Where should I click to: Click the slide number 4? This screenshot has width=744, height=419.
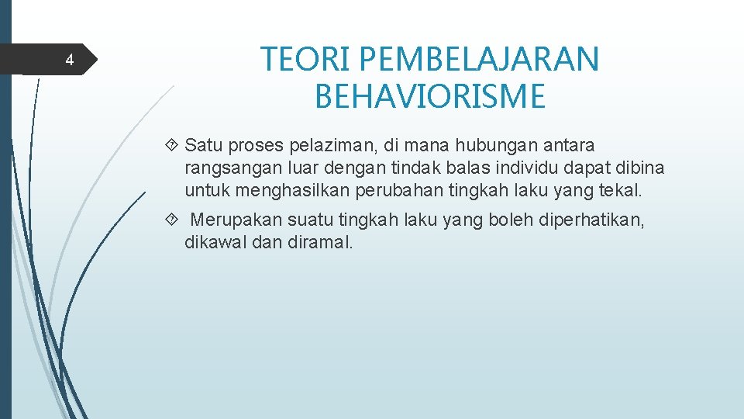click(x=69, y=61)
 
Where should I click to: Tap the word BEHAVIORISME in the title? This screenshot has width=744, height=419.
click(x=430, y=97)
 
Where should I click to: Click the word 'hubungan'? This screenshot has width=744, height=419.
click(x=490, y=145)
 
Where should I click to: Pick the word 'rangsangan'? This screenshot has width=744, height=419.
click(x=224, y=168)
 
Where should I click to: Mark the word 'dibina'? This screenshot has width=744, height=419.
click(x=642, y=168)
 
